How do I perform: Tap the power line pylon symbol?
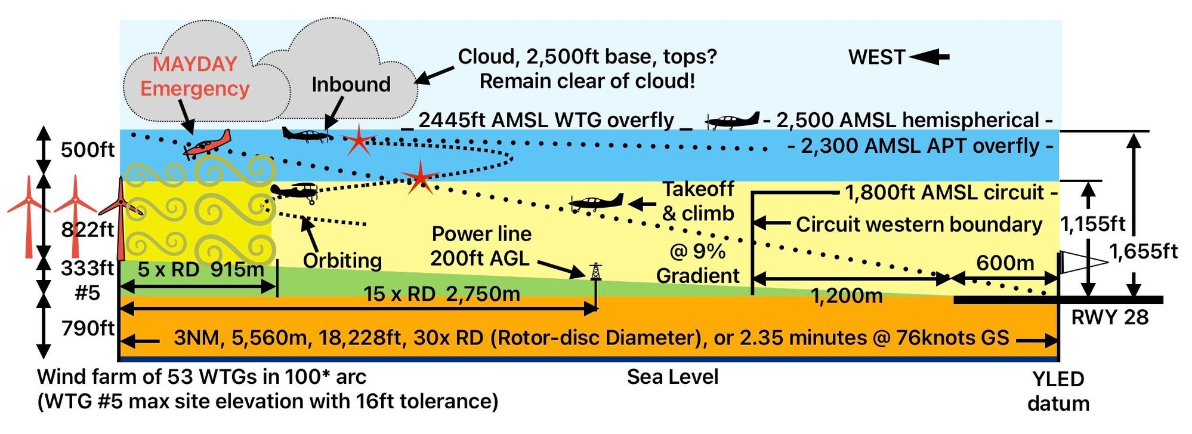(595, 272)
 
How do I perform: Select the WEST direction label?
(876, 57)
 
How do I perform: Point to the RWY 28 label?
(1110, 317)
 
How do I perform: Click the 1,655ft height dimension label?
(1143, 251)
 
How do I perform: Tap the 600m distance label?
(1005, 263)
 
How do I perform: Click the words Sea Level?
(672, 377)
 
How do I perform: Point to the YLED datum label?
(1058, 391)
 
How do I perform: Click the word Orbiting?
(342, 260)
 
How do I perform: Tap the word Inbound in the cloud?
(351, 84)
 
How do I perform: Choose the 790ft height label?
(88, 328)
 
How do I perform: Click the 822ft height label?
(87, 229)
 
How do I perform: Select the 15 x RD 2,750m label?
(441, 294)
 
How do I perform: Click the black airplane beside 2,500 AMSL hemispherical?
(732, 121)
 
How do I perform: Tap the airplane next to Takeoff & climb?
(596, 202)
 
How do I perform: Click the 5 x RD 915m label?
(200, 269)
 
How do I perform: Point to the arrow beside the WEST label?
(929, 57)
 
